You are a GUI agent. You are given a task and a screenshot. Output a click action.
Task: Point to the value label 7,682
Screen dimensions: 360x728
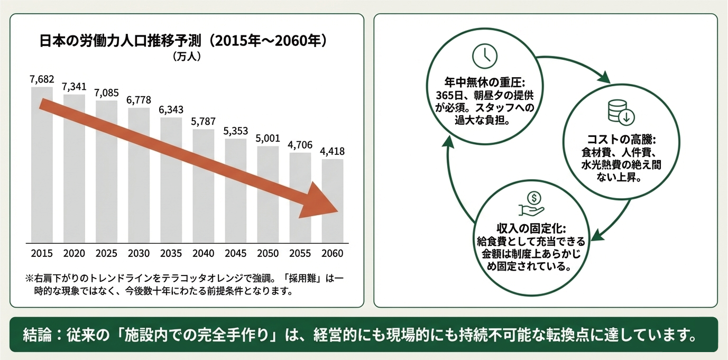pos(42,79)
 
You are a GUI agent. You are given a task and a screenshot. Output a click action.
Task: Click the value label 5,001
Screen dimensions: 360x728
pos(268,139)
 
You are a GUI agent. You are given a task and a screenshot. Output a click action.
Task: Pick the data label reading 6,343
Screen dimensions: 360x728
pos(171,110)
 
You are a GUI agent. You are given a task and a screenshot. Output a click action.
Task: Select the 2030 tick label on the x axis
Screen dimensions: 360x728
pos(139,254)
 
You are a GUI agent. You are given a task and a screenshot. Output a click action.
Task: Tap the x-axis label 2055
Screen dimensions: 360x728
pos(300,254)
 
